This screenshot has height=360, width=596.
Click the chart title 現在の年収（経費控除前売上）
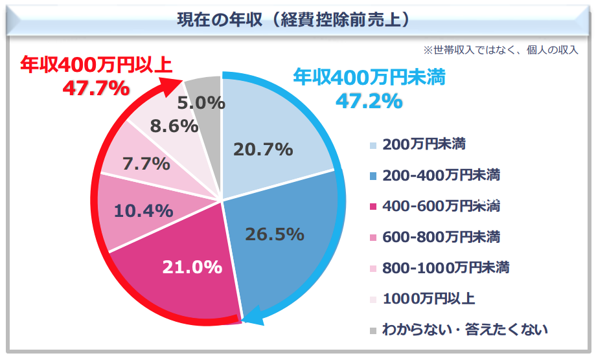coord(294,19)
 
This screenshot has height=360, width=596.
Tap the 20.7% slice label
coord(262,150)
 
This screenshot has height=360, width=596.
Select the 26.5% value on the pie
coord(275,234)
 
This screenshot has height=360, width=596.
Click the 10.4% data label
coord(143,210)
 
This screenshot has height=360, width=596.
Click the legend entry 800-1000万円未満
coord(445,267)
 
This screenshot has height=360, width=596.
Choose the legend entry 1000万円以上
coord(428,298)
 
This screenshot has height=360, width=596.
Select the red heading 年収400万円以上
coord(96,65)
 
